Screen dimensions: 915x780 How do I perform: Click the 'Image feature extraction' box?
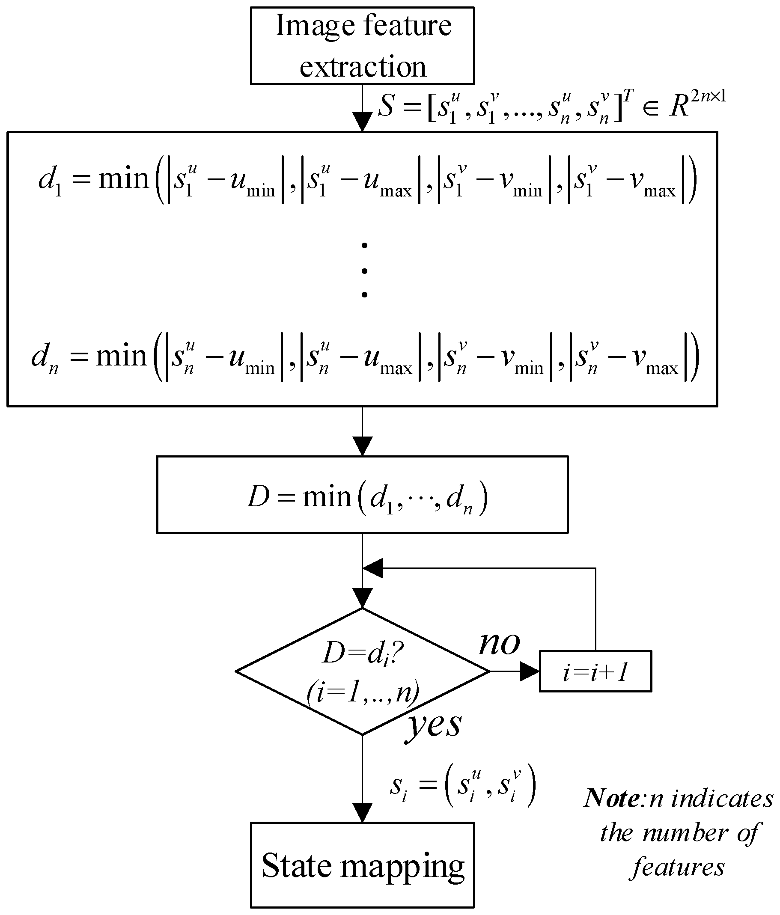[362, 45]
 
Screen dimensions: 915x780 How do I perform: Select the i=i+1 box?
[595, 671]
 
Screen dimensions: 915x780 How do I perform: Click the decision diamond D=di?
[362, 671]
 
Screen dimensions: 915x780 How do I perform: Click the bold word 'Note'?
[611, 799]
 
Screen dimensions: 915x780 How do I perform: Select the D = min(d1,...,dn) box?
[362, 495]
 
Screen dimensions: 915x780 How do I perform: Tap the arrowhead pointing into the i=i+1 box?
[530, 671]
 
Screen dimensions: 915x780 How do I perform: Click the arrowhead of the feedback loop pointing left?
[372, 568]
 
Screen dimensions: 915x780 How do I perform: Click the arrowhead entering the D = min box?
[362, 446]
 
